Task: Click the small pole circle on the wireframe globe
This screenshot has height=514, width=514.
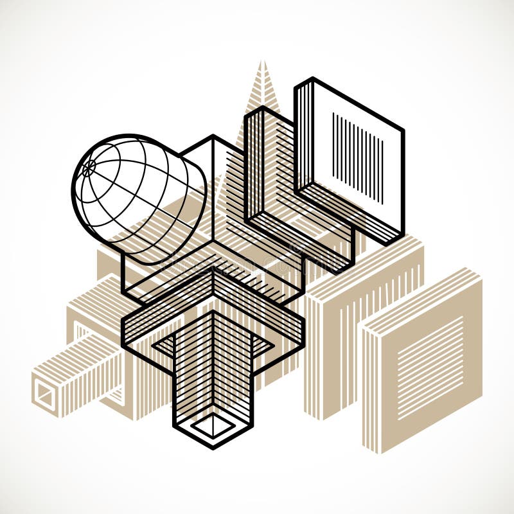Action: tap(89, 167)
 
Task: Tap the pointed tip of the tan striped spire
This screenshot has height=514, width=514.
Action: tap(261, 62)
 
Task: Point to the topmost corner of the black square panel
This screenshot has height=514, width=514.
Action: tap(312, 79)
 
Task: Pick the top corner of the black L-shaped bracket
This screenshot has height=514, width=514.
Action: tap(263, 108)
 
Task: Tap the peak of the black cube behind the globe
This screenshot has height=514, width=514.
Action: tap(212, 136)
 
